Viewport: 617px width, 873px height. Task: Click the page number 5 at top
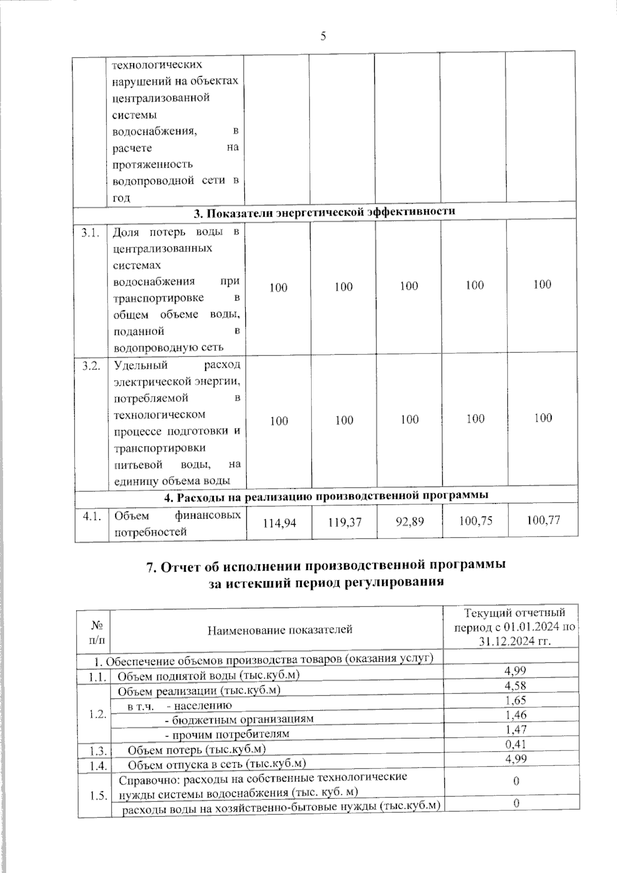click(x=323, y=36)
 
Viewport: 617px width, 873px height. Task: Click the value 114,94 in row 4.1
click(x=279, y=523)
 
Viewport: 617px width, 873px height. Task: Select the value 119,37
click(x=344, y=522)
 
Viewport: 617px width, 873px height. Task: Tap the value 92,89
click(x=410, y=522)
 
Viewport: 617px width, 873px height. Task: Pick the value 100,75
click(x=475, y=521)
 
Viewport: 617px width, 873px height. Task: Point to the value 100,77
click(x=543, y=520)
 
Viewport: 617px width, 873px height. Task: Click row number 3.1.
click(x=90, y=234)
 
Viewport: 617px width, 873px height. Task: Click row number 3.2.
click(x=91, y=366)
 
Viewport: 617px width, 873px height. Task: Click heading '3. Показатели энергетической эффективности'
click(x=324, y=211)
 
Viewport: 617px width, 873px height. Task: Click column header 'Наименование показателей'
click(x=280, y=629)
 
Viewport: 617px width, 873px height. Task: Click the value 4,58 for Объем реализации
click(x=515, y=685)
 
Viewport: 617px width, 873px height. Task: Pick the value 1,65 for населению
click(x=515, y=700)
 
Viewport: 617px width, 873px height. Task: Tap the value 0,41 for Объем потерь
click(x=515, y=744)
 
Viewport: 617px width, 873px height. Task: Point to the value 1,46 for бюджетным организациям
click(x=515, y=715)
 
